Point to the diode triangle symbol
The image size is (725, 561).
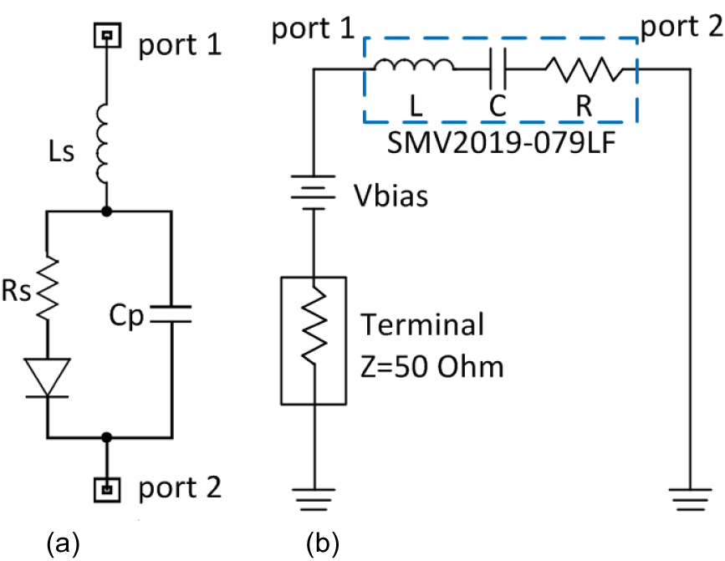coord(48,376)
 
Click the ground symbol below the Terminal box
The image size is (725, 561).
coord(313,498)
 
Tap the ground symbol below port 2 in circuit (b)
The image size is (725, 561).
coord(688,498)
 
